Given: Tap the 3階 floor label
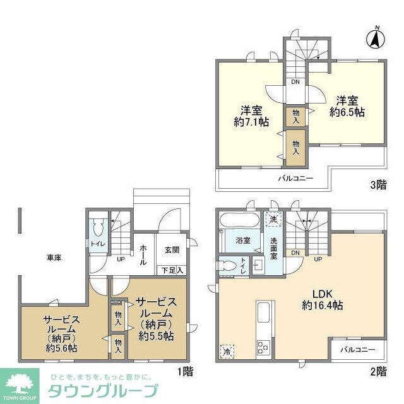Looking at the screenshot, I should pyautogui.click(x=378, y=185).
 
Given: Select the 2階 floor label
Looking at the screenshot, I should pyautogui.click(x=378, y=372).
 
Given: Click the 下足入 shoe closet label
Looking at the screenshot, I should pyautogui.click(x=170, y=270).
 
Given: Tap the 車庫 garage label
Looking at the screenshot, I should pyautogui.click(x=54, y=258).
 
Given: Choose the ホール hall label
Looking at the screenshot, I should pyautogui.click(x=143, y=253).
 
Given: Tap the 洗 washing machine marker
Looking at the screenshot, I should pyautogui.click(x=273, y=219).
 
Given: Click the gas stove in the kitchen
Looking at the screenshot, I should pyautogui.click(x=263, y=347).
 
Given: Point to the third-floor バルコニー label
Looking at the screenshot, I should pyautogui.click(x=296, y=179).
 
